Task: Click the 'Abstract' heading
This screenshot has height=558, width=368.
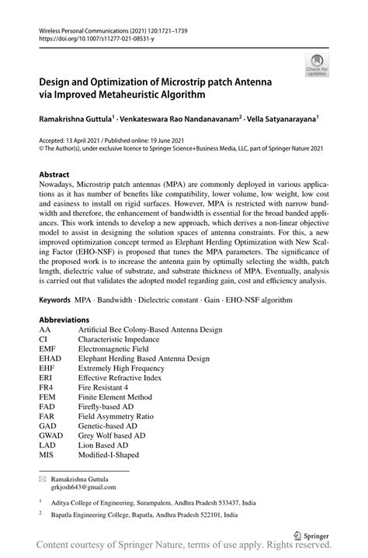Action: pyautogui.click(x=54, y=175)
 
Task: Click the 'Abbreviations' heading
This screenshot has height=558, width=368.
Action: pyautogui.click(x=64, y=320)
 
